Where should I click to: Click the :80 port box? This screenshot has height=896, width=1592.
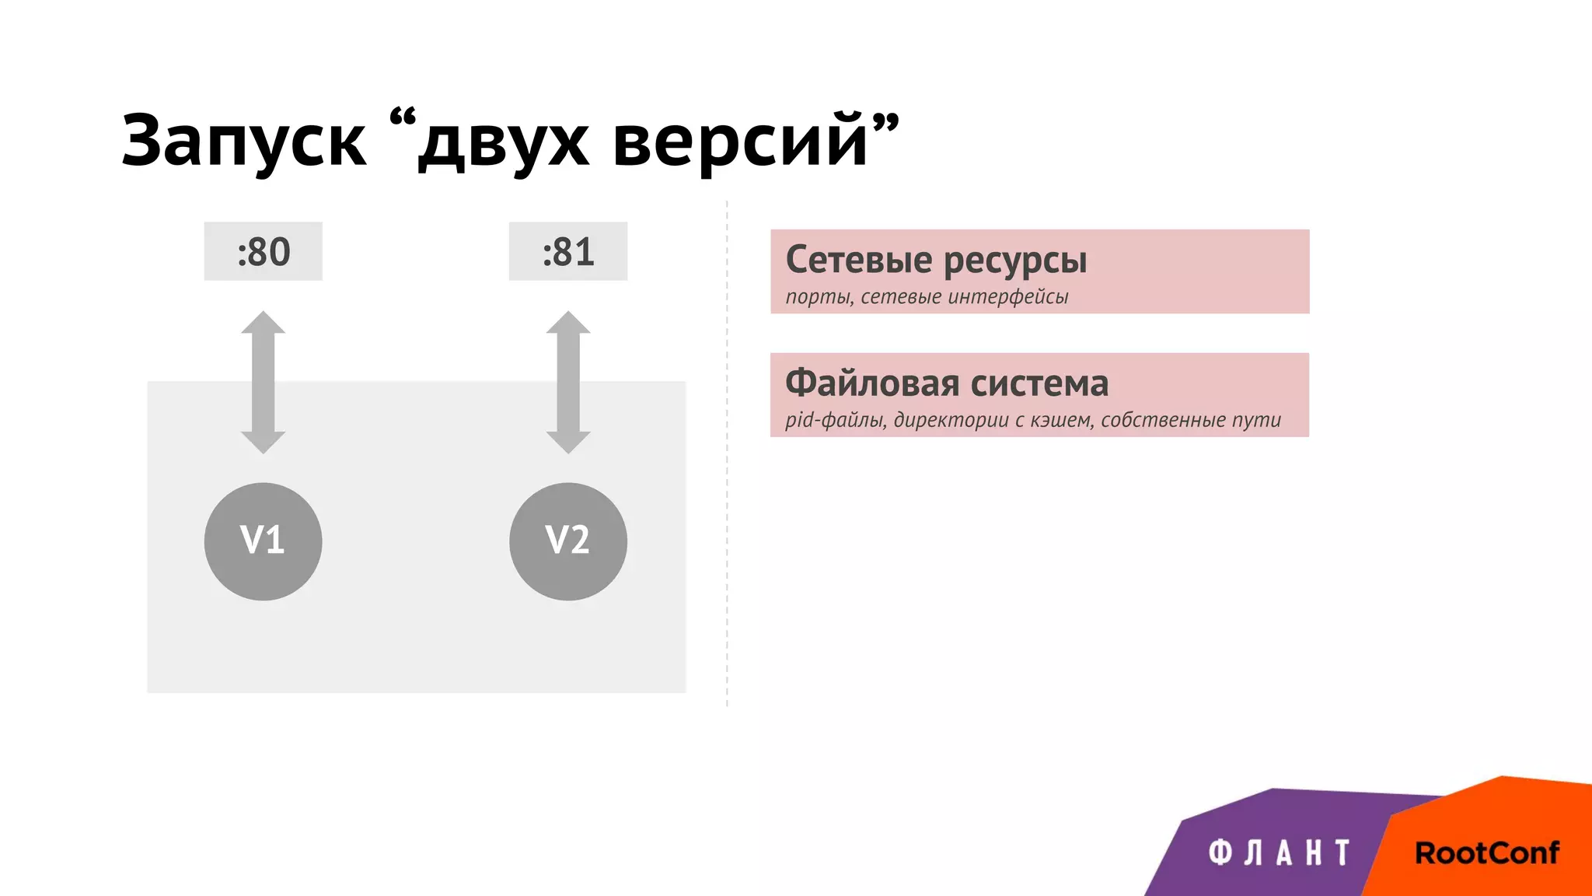click(264, 251)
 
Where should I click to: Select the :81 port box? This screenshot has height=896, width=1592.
click(568, 251)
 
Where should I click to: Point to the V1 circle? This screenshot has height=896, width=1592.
click(263, 541)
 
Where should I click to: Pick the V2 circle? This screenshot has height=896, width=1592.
click(568, 541)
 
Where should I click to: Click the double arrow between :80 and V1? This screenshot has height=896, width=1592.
click(263, 382)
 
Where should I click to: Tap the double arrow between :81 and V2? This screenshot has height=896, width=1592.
click(568, 382)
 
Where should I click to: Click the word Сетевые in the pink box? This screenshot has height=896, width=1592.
click(858, 259)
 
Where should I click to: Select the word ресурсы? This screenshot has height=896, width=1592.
click(1015, 261)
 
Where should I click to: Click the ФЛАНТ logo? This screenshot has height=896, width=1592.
click(1280, 852)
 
